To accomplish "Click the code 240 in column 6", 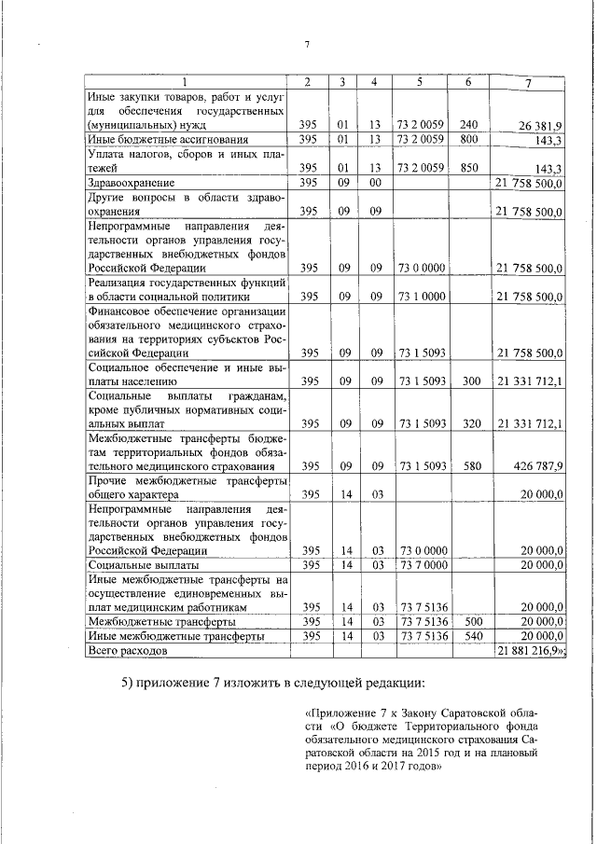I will (x=468, y=123).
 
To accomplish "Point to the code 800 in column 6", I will (x=468, y=139).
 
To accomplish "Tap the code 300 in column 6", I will (x=470, y=380).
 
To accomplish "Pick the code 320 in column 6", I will (x=470, y=423).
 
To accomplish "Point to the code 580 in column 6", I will (x=470, y=465).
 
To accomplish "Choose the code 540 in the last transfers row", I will (x=470, y=635).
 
